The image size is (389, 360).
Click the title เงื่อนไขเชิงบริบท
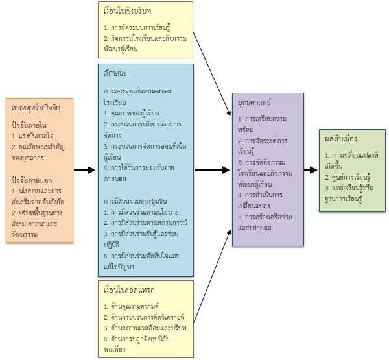click(129, 12)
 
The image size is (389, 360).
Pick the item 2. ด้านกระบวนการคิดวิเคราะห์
click(145, 317)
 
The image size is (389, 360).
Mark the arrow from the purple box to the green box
click(306, 170)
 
